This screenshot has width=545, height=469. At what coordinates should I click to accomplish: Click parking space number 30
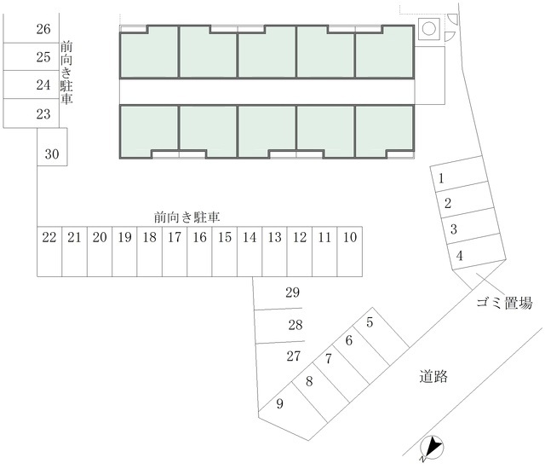point(52,147)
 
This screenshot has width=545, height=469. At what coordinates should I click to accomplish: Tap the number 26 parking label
point(43,29)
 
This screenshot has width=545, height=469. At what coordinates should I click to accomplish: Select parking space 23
point(31,113)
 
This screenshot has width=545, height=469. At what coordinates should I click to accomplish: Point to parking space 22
point(49,252)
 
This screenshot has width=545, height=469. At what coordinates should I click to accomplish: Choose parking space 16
point(199,252)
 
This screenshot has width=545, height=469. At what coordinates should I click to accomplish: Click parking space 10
point(350,252)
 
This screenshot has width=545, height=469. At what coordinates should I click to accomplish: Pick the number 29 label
point(293,292)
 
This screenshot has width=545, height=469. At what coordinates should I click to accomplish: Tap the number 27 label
point(294,356)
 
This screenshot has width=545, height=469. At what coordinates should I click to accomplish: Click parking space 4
point(477,252)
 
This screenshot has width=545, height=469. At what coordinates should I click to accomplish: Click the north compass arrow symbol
point(432,447)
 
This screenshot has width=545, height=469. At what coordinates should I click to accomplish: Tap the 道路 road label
point(433,376)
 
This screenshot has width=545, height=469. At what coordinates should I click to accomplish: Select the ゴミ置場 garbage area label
point(504,303)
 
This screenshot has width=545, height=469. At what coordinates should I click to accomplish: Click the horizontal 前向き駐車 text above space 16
point(187,217)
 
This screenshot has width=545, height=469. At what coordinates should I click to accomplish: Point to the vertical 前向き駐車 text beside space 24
point(66,72)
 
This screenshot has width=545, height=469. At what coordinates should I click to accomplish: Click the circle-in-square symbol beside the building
point(429,28)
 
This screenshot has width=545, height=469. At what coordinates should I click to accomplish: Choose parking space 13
point(274,252)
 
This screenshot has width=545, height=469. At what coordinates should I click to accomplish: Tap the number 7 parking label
point(329,359)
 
